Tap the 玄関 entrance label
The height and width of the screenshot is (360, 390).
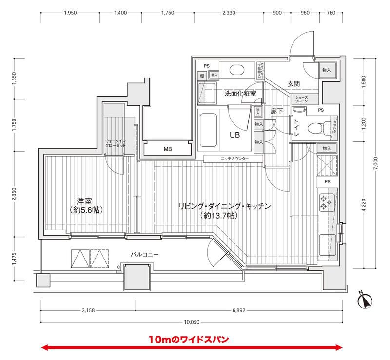[293, 84]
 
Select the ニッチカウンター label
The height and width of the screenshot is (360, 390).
[234, 159]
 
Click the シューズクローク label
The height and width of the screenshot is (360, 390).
[301, 99]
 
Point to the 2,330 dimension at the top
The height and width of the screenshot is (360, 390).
[228, 13]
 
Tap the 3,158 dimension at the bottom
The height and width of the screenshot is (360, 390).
[88, 310]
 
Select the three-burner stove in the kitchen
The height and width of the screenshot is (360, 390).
[325, 202]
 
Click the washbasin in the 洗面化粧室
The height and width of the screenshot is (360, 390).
[237, 69]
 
